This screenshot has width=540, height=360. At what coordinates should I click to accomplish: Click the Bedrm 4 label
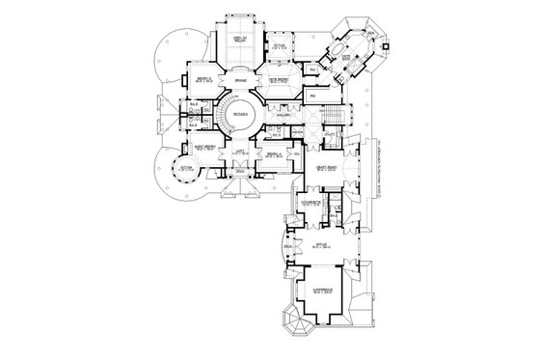(x=274, y=154)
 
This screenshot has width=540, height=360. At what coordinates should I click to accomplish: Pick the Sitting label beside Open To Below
(x=280, y=44)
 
